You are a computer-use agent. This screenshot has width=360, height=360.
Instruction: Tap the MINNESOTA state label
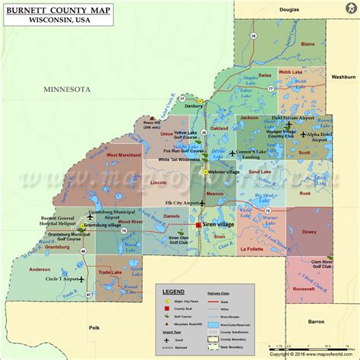pyautogui.click(x=66, y=89)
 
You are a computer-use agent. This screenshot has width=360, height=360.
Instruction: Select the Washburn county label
pyautogui.click(x=343, y=77)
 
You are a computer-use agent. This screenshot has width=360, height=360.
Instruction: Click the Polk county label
pyautogui.click(x=95, y=327)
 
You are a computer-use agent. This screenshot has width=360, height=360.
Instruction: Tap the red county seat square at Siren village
pyautogui.click(x=197, y=226)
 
